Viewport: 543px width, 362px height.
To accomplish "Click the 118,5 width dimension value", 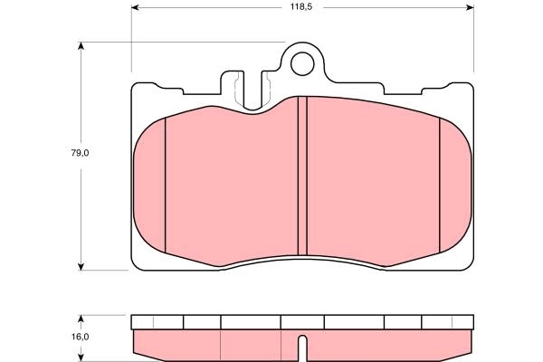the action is tap(301, 7).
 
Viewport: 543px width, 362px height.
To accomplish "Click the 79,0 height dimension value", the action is tap(80, 153).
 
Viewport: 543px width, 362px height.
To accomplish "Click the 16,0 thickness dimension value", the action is tap(80, 337).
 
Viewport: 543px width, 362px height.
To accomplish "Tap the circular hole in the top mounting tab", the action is tap(302, 64).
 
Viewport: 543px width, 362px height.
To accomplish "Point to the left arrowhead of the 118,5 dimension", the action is tap(135, 7).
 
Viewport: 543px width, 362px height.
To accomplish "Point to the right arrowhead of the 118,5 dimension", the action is tap(470, 7).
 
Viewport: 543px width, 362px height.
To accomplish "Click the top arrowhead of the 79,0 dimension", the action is tap(81, 46).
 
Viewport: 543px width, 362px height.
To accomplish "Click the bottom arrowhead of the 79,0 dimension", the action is tap(81, 266).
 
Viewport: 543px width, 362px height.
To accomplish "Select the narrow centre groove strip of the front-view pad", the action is tap(302, 176).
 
